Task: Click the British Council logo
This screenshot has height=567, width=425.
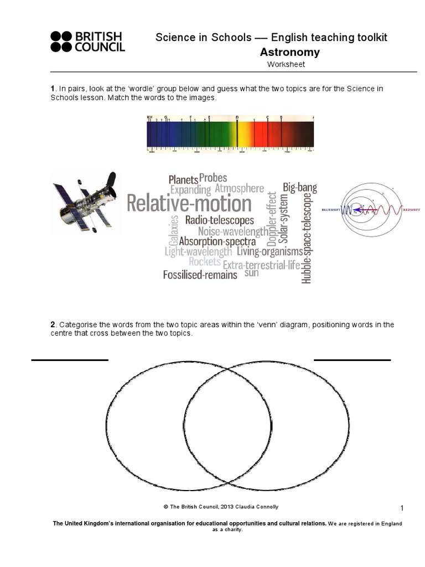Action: coord(87,42)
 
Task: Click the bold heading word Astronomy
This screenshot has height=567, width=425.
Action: coord(289,52)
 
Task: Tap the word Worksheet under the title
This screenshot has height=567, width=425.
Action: coord(286,64)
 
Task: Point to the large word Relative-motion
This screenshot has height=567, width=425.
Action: coord(189,204)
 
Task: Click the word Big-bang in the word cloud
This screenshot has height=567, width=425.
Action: coord(299,187)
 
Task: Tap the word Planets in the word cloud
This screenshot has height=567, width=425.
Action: coord(183,179)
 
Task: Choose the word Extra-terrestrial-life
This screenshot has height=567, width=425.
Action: coord(261,265)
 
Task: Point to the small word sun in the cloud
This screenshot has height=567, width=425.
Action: coord(251,273)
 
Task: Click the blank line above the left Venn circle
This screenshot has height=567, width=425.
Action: coord(70,360)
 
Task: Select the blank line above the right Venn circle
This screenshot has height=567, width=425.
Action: coord(352,360)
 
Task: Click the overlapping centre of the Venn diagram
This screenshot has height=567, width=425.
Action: coord(228,426)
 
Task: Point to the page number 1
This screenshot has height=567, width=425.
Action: coord(402,508)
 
